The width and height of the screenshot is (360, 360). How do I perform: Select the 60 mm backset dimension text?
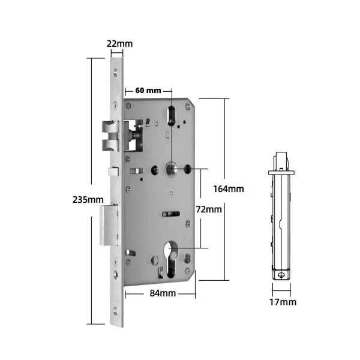[x=148, y=91]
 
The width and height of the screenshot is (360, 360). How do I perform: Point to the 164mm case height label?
[x=229, y=188]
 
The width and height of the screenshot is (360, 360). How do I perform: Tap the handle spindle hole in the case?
[x=171, y=170]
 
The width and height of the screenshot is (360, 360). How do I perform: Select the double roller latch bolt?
[x=109, y=136]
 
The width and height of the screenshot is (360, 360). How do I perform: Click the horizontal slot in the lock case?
[x=171, y=213]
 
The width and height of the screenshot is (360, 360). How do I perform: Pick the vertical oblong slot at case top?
[x=172, y=115]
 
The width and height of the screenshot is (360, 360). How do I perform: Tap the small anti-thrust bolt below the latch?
[x=112, y=172]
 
